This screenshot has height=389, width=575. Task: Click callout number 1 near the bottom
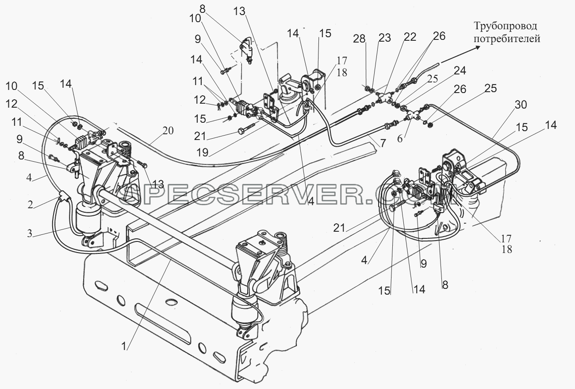click(x=124, y=346)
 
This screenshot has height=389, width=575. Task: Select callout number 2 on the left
click(x=30, y=204)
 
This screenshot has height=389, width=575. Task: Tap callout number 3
click(x=30, y=233)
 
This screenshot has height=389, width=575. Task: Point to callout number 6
click(x=400, y=139)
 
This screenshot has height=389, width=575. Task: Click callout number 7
click(x=383, y=144)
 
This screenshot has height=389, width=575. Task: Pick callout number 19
click(x=202, y=152)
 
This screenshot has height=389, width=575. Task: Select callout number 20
click(x=168, y=131)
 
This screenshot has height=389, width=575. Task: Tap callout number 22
click(x=410, y=37)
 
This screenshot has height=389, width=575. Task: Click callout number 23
click(x=384, y=38)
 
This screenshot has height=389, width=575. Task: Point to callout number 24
click(x=460, y=70)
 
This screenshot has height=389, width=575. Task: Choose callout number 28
click(x=359, y=39)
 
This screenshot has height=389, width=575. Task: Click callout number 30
click(x=521, y=105)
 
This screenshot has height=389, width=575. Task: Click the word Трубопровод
click(x=506, y=26)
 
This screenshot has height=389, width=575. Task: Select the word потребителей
click(x=507, y=39)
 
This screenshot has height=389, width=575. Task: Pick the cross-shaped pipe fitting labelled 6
click(x=412, y=116)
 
